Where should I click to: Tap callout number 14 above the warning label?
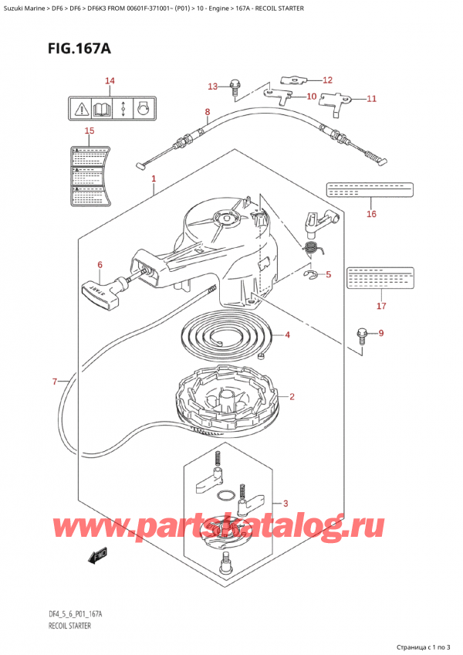point(110,81)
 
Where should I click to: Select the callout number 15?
point(89,131)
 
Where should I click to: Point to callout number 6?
point(100,266)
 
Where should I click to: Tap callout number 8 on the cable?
point(207,112)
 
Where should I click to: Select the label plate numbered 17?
point(380,277)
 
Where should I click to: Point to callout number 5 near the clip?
point(328,274)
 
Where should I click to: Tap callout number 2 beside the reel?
point(292,398)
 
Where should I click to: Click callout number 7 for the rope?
point(55,382)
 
